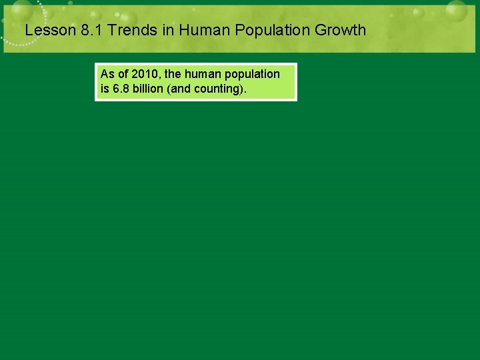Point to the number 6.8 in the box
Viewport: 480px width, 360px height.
coord(120,88)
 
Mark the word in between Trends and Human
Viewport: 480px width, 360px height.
coord(165,30)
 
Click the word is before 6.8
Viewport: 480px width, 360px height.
coord(104,88)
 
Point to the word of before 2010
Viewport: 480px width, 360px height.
coord(123,74)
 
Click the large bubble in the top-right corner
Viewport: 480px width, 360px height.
coord(457,11)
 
